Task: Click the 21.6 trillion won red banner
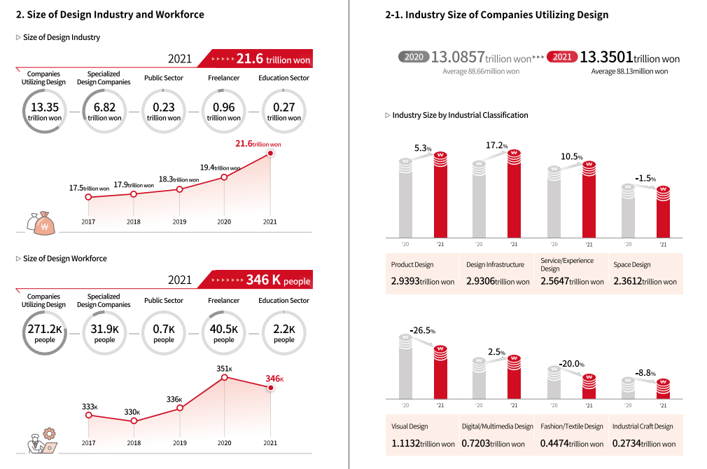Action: (x=256, y=59)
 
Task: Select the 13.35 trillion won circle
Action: (x=45, y=112)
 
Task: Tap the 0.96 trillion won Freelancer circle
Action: (x=223, y=112)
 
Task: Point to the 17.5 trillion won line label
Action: (x=89, y=188)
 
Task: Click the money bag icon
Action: (x=40, y=222)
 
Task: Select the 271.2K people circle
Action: (x=45, y=334)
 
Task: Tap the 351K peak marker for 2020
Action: (x=224, y=377)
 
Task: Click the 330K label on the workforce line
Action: (x=132, y=412)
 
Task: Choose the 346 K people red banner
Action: (x=256, y=281)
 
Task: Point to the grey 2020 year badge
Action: (x=414, y=57)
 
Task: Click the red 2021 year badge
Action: (x=562, y=57)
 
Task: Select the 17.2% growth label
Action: (x=496, y=145)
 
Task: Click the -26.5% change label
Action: (x=422, y=330)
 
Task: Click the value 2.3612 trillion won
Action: (x=645, y=281)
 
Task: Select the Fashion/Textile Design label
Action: (x=571, y=426)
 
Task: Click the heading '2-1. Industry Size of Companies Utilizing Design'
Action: (x=496, y=15)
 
